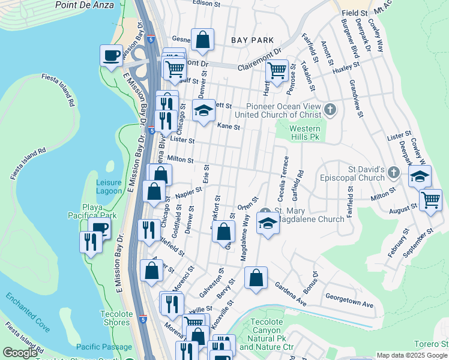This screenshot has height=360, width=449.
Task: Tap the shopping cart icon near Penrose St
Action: pos(277,71)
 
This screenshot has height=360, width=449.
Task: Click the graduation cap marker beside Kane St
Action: pos(203,110)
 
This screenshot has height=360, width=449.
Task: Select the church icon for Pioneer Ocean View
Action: pos(330,109)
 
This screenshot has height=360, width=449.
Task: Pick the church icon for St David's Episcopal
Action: pos(393,173)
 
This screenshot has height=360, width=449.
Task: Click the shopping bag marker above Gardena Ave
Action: pos(256,278)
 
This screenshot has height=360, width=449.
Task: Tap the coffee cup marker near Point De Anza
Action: pos(111,55)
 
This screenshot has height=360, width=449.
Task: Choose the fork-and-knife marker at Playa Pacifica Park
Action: pos(91,242)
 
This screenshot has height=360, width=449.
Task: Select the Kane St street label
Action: pos(229,127)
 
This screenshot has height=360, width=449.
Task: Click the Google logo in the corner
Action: pos(20,352)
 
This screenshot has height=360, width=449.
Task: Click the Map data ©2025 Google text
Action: pos(411,355)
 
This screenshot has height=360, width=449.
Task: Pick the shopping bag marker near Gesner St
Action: pos(203,40)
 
